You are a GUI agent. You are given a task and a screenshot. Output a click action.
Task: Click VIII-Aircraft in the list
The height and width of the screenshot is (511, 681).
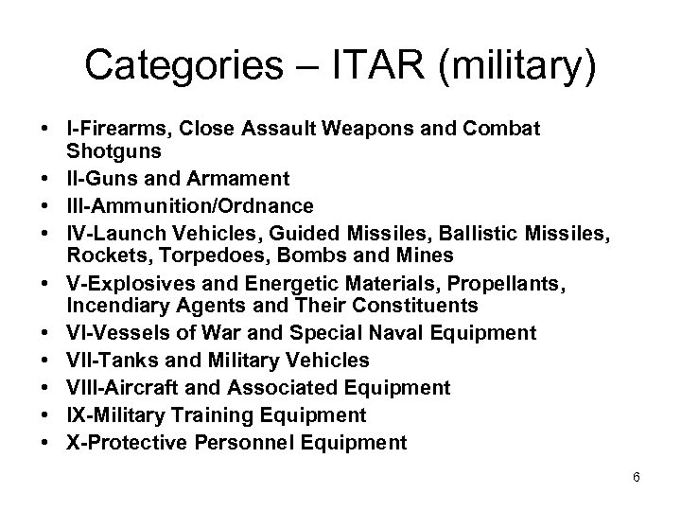click(113, 387)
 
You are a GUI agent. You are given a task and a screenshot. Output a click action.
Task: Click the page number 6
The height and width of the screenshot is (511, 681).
click(637, 477)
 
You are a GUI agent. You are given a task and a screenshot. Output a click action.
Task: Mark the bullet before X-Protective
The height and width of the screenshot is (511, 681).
click(45, 442)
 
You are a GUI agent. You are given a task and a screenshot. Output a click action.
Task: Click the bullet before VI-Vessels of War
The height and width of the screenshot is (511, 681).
click(45, 332)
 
